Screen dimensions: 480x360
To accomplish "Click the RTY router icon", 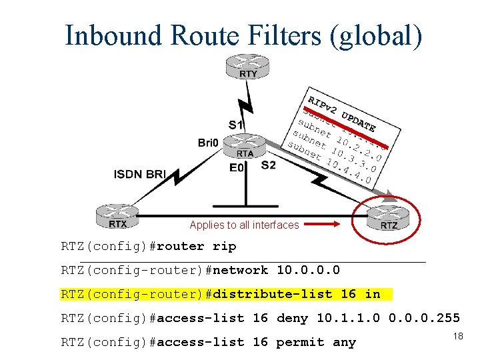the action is tap(247, 67).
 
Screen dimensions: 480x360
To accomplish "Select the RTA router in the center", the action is tap(245, 146).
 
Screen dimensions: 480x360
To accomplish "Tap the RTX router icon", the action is tap(118, 217).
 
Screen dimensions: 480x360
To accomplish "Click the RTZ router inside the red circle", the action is tap(389, 217).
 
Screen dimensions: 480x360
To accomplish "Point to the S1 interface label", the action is tap(236, 125).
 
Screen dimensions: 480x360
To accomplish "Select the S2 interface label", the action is tap(268, 165).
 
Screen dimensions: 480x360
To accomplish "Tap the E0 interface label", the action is tap(237, 167).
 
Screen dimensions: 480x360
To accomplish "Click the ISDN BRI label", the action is tap(139, 175).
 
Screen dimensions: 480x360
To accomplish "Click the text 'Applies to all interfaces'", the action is tap(244, 225).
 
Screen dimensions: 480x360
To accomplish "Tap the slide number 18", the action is tap(457, 337).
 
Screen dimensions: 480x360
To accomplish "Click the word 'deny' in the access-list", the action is tap(292, 318).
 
